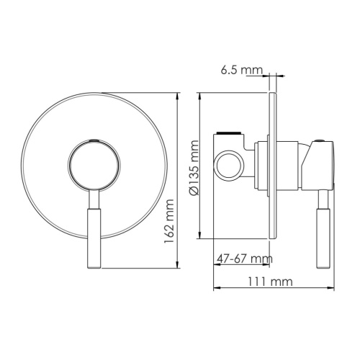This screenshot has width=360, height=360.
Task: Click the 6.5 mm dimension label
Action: (240, 70)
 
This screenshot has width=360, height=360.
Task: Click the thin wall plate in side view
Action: (272, 166)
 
